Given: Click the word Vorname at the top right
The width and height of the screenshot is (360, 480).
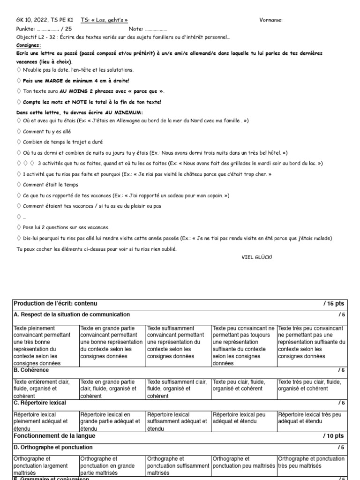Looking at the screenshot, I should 271,20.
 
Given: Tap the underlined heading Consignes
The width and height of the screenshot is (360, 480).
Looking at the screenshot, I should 29,45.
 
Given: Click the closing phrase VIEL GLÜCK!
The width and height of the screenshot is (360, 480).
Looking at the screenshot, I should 256,257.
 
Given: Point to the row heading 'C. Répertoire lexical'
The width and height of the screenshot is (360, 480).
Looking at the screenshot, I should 40,403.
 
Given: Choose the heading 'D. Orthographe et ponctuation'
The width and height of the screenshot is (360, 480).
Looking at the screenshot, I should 53,447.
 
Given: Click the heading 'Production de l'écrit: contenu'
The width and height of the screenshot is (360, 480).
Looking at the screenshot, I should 55,304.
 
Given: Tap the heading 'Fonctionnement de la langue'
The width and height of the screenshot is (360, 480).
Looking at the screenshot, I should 54,435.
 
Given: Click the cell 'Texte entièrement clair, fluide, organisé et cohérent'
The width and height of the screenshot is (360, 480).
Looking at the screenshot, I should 46,389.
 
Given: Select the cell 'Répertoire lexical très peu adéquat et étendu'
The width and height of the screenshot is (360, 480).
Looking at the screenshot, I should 311,418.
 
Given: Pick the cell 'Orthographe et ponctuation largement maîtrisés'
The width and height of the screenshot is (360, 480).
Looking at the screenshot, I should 46,465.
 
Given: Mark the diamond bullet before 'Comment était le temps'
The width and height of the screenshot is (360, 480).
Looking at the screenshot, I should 19,185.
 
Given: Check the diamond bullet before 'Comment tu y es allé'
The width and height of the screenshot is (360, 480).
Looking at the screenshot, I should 19,131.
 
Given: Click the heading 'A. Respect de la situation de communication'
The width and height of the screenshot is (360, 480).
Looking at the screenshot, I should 72,315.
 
